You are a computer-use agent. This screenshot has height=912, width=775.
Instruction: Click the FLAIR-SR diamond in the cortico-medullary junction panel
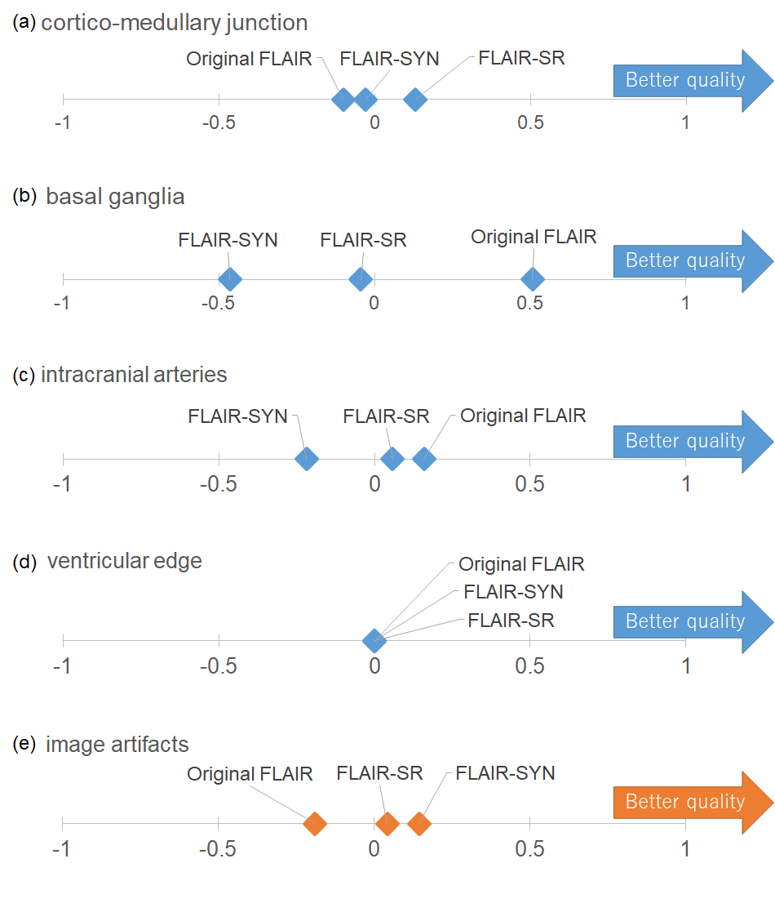[416, 100]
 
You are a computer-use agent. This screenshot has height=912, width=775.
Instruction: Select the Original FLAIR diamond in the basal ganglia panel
[533, 278]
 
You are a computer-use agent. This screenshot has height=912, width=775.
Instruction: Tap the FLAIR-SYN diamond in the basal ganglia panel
[230, 278]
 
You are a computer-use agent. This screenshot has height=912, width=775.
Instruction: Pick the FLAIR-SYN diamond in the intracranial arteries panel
[306, 459]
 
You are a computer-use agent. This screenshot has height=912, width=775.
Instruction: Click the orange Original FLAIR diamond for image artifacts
[315, 824]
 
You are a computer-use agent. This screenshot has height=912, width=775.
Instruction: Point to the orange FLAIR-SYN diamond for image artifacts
[418, 824]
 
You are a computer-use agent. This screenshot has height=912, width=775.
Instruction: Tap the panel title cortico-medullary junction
[174, 23]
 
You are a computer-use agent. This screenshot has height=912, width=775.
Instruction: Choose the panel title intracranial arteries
[134, 375]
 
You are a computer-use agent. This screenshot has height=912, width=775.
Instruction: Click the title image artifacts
[117, 745]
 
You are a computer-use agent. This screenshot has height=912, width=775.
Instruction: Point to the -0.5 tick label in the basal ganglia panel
[218, 303]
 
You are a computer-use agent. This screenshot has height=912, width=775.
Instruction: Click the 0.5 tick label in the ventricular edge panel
[530, 665]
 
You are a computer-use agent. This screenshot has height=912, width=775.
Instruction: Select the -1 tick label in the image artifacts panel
[61, 848]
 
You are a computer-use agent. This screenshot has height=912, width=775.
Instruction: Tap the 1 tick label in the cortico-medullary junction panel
[685, 123]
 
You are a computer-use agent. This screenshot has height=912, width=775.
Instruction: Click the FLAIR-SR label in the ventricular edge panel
[511, 621]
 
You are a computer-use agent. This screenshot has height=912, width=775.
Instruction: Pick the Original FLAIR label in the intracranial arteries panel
[523, 416]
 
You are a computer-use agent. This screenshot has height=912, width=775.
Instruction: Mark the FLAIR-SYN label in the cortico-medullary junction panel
[389, 59]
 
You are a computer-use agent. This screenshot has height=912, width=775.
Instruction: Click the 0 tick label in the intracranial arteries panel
[374, 483]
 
